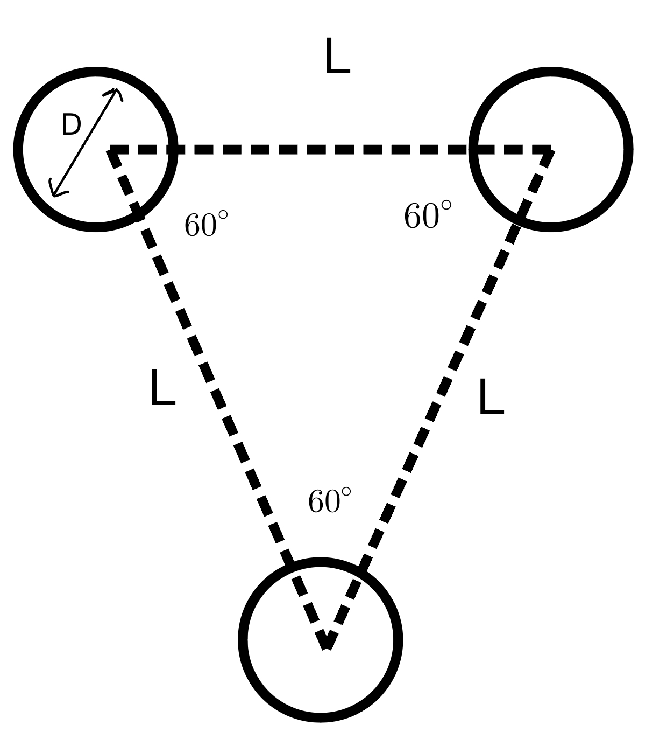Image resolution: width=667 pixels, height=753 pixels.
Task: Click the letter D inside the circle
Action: pyautogui.click(x=71, y=125)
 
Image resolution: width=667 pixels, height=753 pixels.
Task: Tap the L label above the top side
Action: pyautogui.click(x=337, y=55)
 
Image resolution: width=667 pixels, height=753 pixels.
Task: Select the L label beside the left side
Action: pyautogui.click(x=162, y=387)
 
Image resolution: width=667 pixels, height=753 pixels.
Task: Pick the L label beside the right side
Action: pyautogui.click(x=492, y=396)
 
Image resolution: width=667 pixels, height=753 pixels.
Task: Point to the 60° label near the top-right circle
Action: pyautogui.click(x=428, y=215)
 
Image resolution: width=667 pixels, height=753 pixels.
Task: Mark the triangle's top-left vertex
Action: pyautogui.click(x=110, y=150)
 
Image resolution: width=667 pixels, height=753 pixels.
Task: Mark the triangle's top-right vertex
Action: pyautogui.click(x=551, y=150)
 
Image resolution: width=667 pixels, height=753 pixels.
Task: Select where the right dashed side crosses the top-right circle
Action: pyautogui.click(x=519, y=220)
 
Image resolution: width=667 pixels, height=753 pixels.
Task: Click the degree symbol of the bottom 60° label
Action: pyautogui.click(x=345, y=492)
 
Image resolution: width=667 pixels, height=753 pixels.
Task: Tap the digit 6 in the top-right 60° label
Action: pyautogui.click(x=413, y=215)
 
